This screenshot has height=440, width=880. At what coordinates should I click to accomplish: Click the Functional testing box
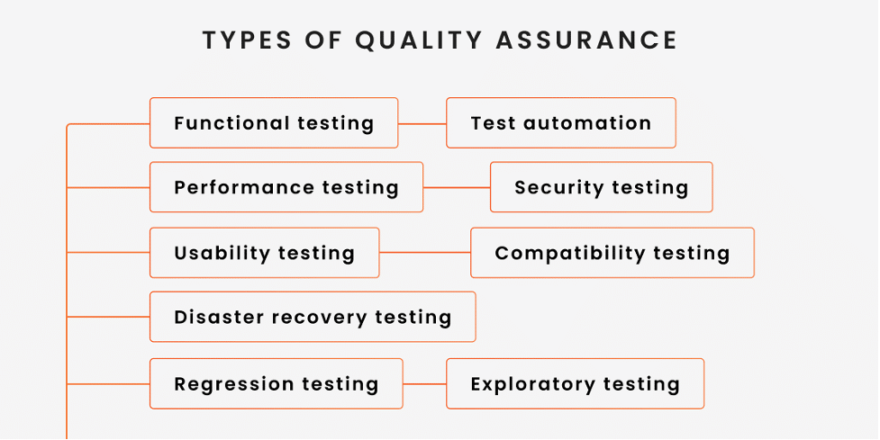coord(273,123)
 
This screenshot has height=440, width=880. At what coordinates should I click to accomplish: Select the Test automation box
coord(560,123)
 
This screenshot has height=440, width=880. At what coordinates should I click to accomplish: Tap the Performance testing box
coord(286,187)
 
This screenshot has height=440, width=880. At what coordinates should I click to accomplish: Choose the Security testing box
coord(601,187)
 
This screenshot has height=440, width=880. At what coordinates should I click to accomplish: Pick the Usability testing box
coord(264,253)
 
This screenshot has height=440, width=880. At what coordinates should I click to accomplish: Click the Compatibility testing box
coord(612,253)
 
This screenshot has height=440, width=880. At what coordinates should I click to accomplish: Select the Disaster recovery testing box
coord(312,317)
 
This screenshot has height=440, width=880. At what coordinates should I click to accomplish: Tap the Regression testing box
coord(276,384)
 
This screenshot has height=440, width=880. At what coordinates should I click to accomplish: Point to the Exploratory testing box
coord(575,384)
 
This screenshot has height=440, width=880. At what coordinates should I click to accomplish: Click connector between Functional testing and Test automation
coord(422,123)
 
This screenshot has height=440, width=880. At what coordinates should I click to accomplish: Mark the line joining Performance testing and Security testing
coord(457,187)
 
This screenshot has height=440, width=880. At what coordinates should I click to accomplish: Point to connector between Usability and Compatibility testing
coord(424,253)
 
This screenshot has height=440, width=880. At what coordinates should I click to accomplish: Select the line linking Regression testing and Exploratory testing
coord(424,384)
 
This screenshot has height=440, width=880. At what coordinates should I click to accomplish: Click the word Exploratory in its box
coord(532,384)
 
